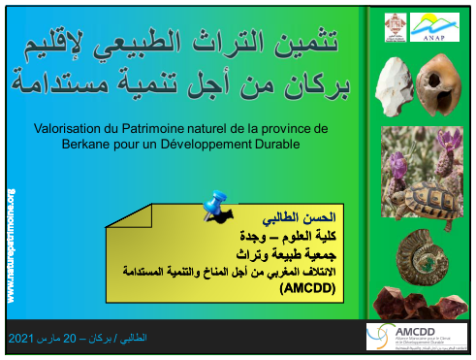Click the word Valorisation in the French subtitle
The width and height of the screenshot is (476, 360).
(x=70, y=128)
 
